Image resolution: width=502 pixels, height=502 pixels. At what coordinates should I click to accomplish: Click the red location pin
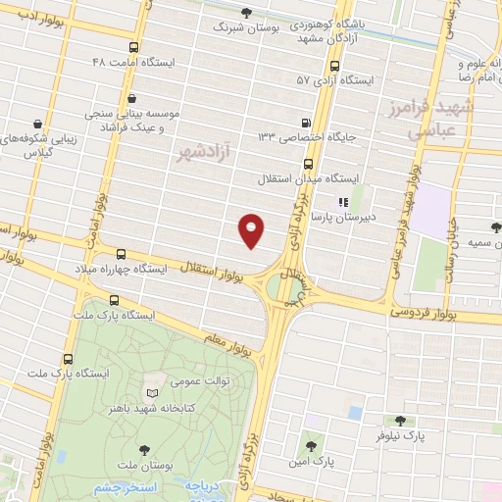[x=251, y=230]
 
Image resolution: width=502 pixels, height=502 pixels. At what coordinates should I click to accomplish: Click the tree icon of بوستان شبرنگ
[x=245, y=13]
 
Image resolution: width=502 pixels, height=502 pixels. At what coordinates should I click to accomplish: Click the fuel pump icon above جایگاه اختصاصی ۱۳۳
[x=308, y=123]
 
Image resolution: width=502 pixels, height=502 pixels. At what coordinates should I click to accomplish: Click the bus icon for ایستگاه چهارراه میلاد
[x=121, y=254]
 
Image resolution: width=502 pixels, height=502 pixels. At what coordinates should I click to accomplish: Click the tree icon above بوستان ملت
[x=145, y=448]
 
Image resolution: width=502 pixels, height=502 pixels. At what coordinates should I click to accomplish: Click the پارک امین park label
[x=314, y=459]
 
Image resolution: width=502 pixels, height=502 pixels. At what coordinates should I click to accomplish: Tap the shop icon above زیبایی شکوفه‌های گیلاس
[x=36, y=125]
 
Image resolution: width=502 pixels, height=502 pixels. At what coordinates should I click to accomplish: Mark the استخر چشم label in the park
[x=128, y=487]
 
